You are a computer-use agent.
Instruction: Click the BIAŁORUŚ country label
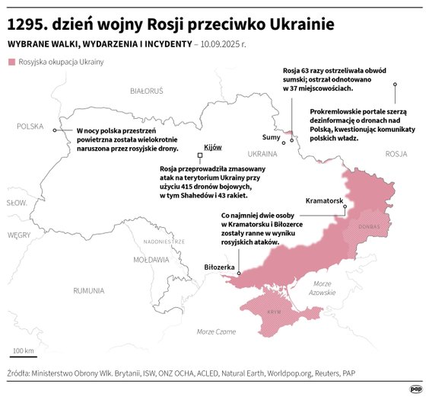[147, 91]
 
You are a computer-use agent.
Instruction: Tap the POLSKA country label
[30, 126]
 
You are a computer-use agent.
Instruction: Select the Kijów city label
[213, 146]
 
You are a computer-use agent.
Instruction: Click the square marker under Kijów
[200, 156]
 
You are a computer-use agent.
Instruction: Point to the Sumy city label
[270, 138]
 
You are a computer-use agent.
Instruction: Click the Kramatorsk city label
[325, 200]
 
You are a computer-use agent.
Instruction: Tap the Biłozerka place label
[220, 267]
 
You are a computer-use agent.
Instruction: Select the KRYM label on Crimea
[275, 312]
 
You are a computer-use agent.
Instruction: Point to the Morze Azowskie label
[322, 288]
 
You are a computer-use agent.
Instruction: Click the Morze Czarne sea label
[216, 331]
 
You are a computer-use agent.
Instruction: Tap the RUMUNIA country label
[89, 290]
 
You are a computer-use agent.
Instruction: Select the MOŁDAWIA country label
[151, 259]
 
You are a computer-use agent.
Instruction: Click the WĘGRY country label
[17, 235]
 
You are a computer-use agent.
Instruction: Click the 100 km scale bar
[23, 356]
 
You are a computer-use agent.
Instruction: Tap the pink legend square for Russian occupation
[11, 62]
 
